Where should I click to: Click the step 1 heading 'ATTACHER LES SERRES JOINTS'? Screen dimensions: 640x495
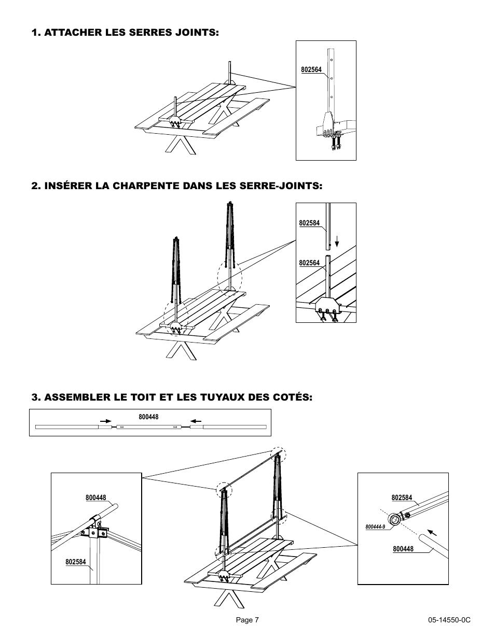click(x=125, y=33)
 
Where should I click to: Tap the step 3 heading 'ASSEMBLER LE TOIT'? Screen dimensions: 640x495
click(x=172, y=397)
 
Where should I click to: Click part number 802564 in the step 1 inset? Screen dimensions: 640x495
click(x=311, y=69)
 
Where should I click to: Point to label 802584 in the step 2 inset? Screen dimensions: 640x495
click(x=309, y=223)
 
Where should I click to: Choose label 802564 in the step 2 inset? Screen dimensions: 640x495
click(x=309, y=263)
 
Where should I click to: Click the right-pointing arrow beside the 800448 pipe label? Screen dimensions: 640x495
click(x=105, y=421)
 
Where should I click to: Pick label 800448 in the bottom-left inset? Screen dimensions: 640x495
click(x=95, y=498)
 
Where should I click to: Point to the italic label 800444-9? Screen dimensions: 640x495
click(x=375, y=527)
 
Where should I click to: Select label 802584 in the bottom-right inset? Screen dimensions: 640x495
click(x=402, y=498)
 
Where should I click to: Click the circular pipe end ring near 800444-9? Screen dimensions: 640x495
click(x=395, y=520)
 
